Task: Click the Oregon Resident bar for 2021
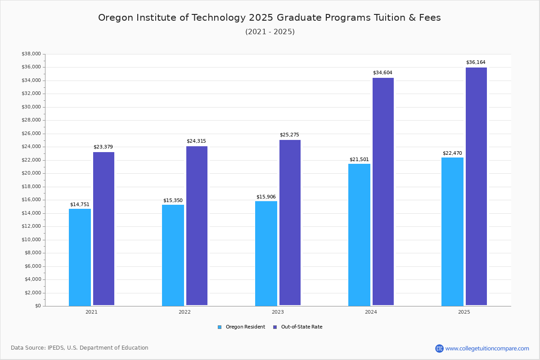pos(80,257)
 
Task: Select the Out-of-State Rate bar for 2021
pos(103,229)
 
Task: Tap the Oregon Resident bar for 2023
pos(266,253)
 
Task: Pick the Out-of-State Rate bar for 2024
pos(383,192)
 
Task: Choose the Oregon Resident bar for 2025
pos(452,232)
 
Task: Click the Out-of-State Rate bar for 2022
pos(197,226)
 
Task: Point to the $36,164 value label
pos(476,63)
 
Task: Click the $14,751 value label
pos(80,205)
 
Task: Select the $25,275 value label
pos(289,135)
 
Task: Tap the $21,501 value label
pos(359,160)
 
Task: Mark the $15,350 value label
pos(173,201)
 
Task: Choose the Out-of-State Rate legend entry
pos(297,327)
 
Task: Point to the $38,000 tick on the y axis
pos(31,54)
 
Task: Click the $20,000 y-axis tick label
pos(31,173)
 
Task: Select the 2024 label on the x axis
pos(371,312)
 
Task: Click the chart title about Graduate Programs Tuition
pos(270,18)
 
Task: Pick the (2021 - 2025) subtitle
pos(270,32)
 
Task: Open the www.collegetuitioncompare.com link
pos(487,348)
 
